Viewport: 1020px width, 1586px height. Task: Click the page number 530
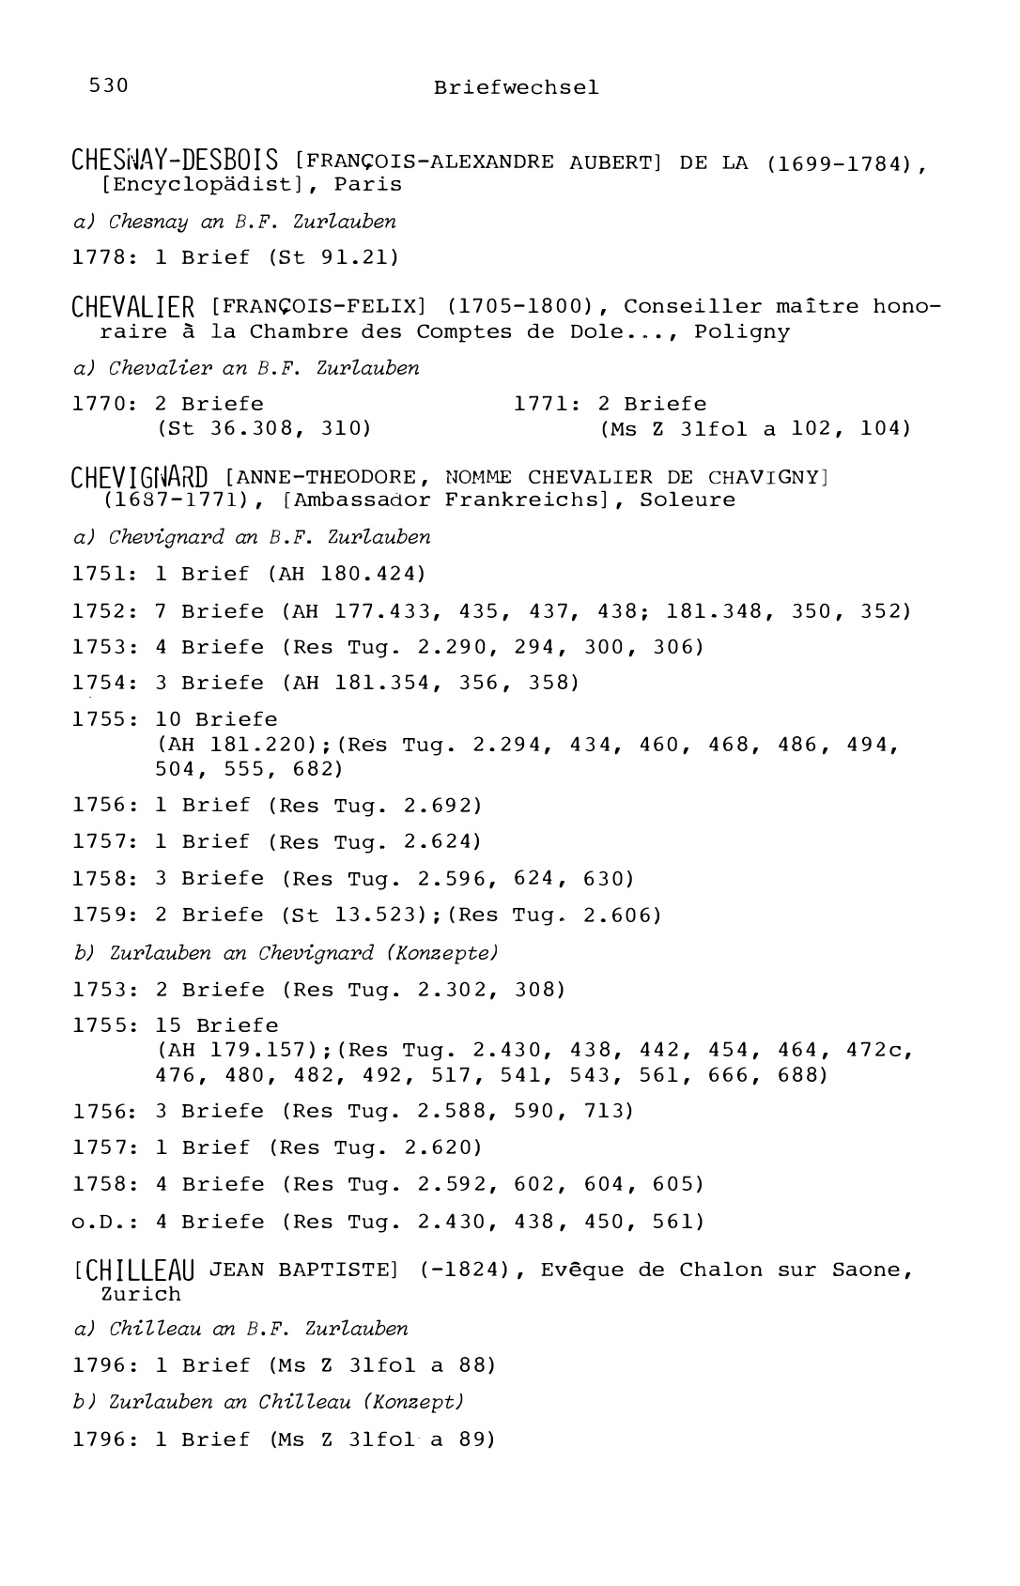[108, 85]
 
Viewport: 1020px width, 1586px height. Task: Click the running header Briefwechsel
[516, 87]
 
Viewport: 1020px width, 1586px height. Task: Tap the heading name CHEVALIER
[133, 307]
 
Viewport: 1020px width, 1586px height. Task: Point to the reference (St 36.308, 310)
[264, 428]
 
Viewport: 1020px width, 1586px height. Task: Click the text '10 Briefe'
[216, 719]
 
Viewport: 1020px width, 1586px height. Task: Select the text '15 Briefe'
[217, 1025]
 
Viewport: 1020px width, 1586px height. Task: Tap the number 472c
[879, 1050]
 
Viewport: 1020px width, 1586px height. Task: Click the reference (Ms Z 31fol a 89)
[381, 1439]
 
